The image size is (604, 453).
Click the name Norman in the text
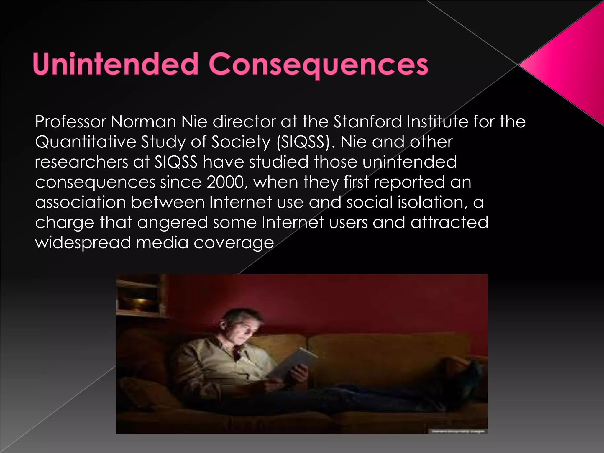point(143,122)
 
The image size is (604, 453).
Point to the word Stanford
point(367,122)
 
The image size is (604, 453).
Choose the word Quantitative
point(86,142)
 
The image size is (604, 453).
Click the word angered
point(173,223)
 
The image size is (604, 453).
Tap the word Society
point(241,142)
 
